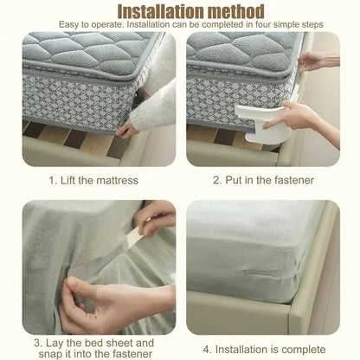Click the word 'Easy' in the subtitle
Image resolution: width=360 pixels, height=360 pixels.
(74, 25)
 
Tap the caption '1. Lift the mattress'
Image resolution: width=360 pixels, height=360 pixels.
(90, 181)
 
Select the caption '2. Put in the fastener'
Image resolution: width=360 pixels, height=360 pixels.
(263, 181)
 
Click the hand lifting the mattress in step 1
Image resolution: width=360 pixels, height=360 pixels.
(130, 127)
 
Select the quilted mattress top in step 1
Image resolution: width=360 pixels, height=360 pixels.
(78, 52)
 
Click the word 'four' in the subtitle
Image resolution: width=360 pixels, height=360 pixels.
(254, 25)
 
